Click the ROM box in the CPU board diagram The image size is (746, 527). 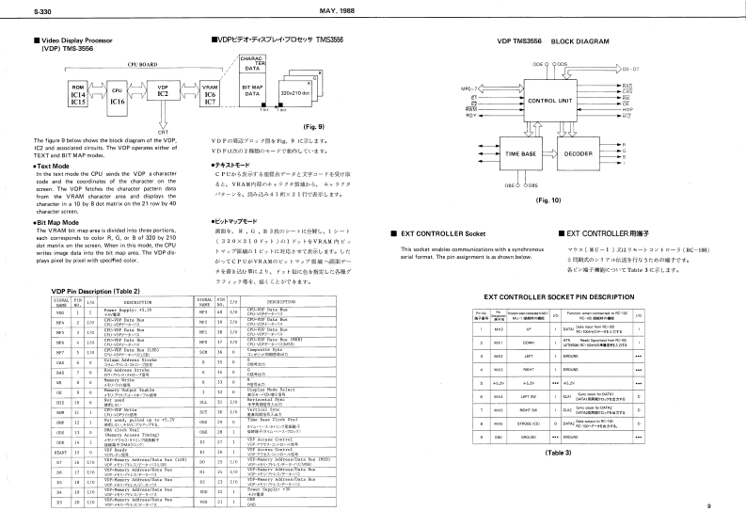[x=77, y=91]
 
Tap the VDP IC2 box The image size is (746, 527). [x=163, y=90]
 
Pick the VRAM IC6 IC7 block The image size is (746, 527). [x=211, y=92]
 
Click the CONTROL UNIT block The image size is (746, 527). [x=556, y=100]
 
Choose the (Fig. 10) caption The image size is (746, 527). [x=548, y=200]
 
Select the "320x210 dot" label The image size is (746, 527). [x=294, y=94]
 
